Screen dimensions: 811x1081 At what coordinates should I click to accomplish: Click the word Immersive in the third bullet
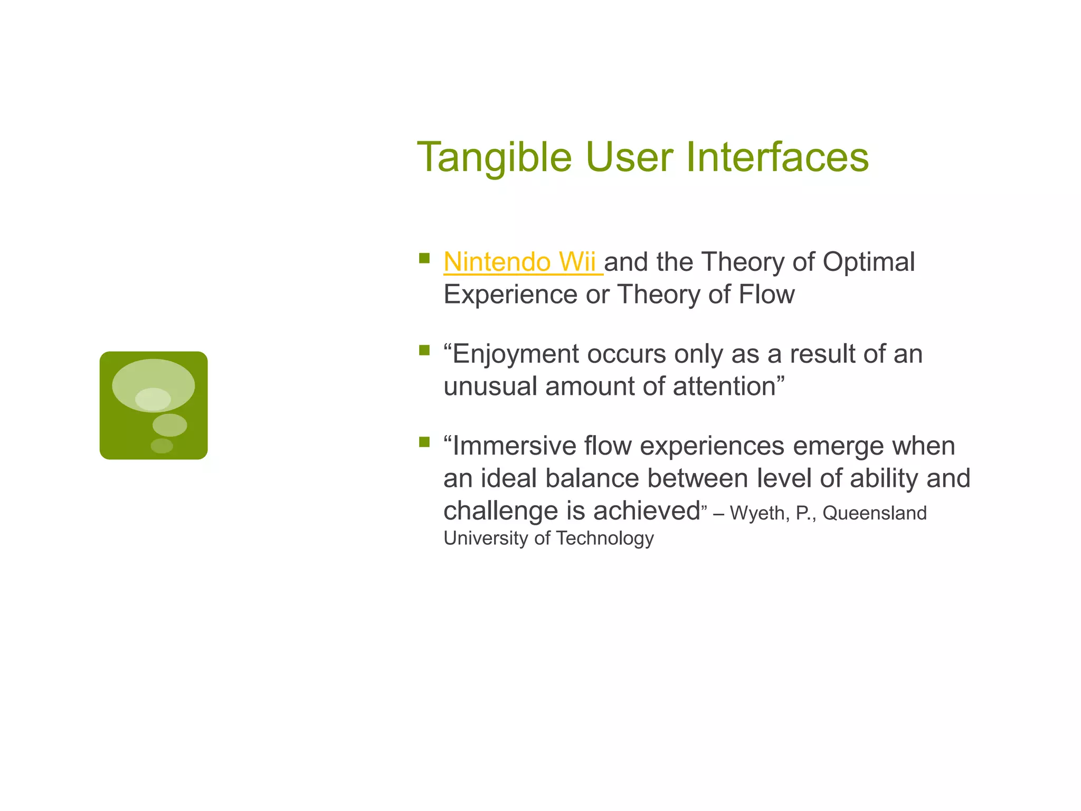coord(514,446)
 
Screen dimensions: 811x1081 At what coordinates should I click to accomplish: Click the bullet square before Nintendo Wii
coord(424,258)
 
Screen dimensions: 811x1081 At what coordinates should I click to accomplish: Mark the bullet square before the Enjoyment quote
coord(424,350)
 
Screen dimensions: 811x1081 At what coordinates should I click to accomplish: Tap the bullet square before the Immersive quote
coord(424,442)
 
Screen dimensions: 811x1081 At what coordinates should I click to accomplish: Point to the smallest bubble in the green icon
coord(162,446)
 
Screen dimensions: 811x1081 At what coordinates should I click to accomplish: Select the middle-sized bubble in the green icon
coord(169,425)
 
